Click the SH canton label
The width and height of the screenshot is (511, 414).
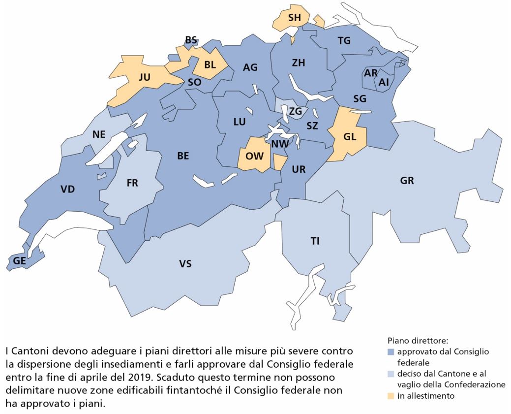point(294,17)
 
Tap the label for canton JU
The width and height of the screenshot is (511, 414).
point(145,77)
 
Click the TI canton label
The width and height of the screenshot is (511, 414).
point(315,241)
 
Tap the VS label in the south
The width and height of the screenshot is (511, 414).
point(185,264)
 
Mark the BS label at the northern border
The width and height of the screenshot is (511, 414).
point(191,40)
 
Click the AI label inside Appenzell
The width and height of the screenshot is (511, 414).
point(384,83)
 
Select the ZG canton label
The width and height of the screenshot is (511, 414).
point(295,111)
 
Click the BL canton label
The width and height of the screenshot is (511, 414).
point(210,64)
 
